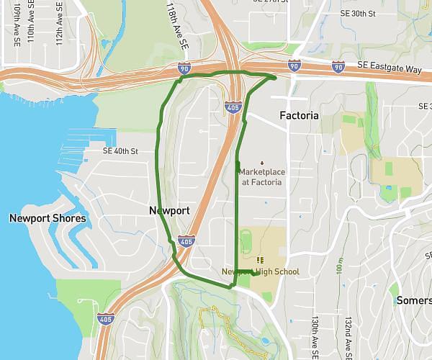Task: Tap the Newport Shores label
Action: [x=48, y=218]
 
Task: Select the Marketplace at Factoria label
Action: [x=261, y=177]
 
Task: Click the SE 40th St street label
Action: [x=120, y=152]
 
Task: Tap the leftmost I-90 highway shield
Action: [x=185, y=68]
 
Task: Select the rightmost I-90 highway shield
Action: [x=338, y=67]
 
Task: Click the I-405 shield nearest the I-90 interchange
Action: [x=232, y=107]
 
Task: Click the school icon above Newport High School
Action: [x=260, y=260]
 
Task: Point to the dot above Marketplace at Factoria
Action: [x=261, y=162]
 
